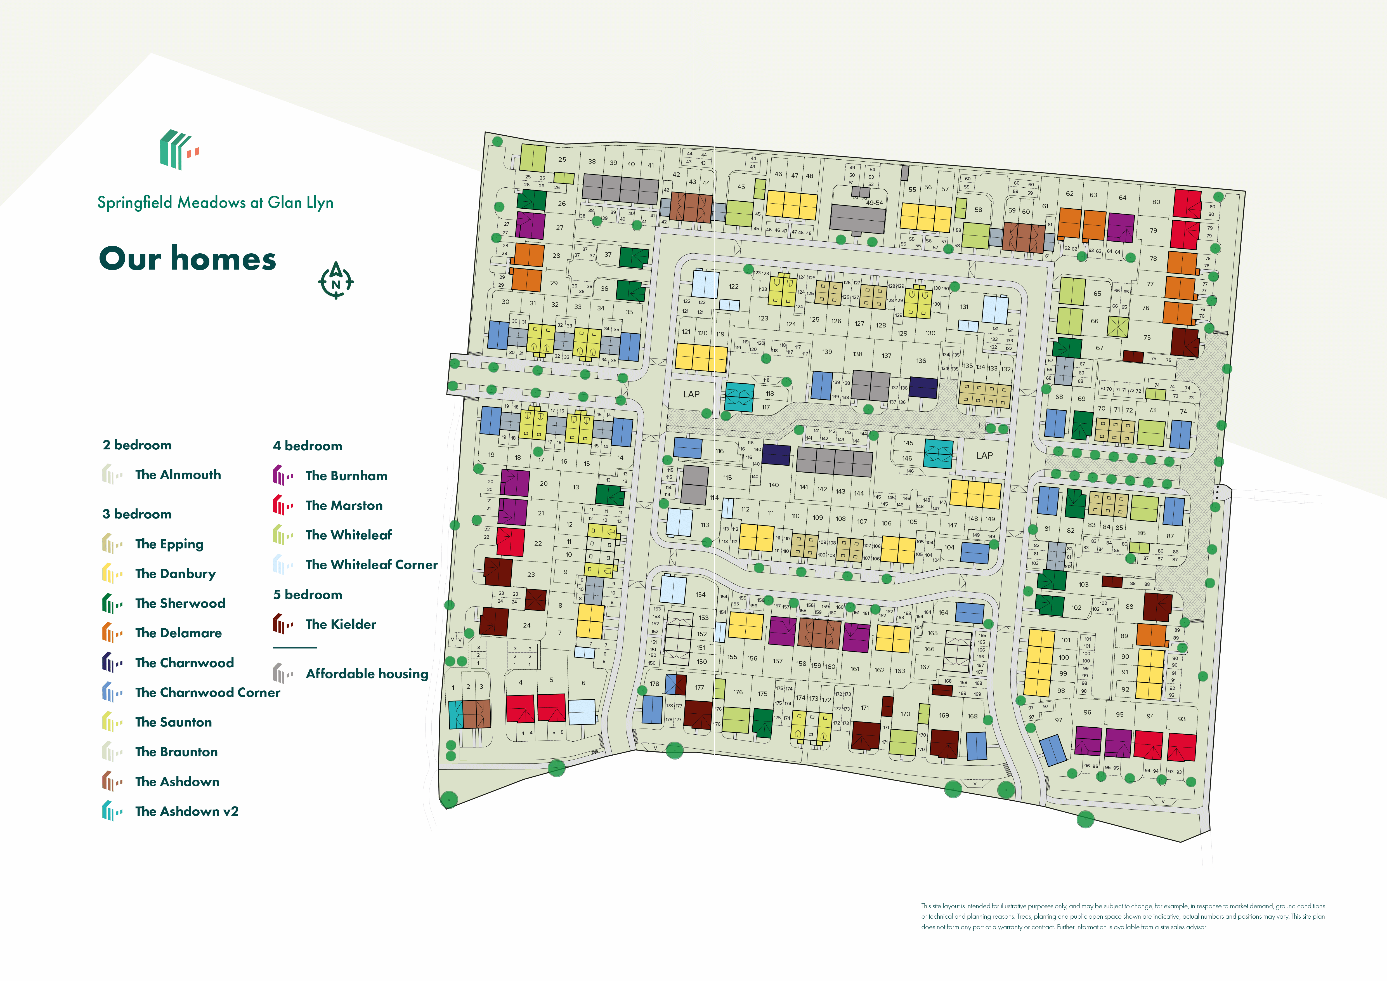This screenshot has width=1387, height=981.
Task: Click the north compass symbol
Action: click(336, 281)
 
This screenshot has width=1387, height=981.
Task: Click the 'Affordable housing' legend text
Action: click(367, 674)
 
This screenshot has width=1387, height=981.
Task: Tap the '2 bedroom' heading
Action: click(137, 445)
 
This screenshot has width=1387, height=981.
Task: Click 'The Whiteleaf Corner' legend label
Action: click(372, 565)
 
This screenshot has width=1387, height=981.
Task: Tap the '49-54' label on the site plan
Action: click(874, 203)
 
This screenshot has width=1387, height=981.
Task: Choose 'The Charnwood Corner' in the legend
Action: click(207, 693)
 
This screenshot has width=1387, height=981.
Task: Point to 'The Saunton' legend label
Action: click(173, 722)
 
